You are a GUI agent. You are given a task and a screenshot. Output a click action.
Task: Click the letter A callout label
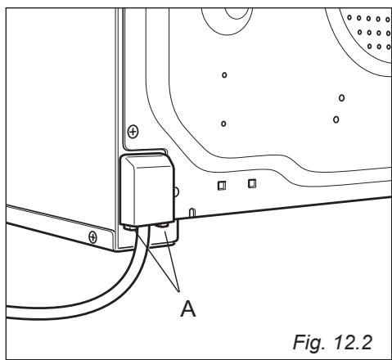point(188,308)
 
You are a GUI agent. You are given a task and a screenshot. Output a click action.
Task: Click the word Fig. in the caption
point(309,342)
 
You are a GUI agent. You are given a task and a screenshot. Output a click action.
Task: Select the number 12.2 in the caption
point(353,342)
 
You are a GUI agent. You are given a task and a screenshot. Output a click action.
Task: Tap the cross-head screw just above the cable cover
point(133,132)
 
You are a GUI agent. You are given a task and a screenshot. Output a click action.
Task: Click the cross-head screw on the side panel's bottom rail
point(92,237)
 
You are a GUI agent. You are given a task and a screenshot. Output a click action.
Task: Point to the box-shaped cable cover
point(147,190)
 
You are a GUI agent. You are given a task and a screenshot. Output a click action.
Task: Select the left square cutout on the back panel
point(222,186)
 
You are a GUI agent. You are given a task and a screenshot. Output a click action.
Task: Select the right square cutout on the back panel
point(252,183)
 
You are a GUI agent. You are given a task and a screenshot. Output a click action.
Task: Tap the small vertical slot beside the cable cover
point(192,213)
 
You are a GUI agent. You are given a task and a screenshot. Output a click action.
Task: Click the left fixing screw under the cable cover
point(130,227)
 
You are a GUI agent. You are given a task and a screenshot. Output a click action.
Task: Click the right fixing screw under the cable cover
point(163,225)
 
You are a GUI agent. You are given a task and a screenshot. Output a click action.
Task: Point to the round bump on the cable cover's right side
point(177,191)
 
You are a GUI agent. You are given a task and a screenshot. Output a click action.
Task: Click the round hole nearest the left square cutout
point(223,124)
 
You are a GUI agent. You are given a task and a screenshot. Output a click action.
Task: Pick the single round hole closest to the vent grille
point(341,97)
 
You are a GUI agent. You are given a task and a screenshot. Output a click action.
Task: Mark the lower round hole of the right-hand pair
point(336,119)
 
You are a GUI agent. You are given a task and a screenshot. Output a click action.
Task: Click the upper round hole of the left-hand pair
point(224,75)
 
